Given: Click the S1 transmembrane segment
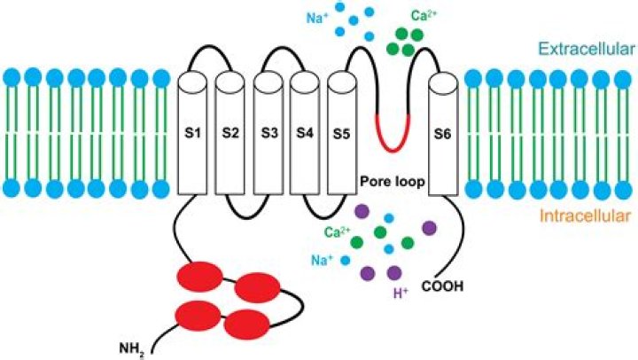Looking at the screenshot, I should pyautogui.click(x=192, y=134).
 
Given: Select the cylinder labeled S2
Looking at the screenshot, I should pyautogui.click(x=230, y=134).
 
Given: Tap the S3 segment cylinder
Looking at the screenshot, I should pyautogui.click(x=268, y=134).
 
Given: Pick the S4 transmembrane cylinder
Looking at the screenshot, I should pyautogui.click(x=305, y=134).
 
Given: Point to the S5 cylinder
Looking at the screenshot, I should pyautogui.click(x=342, y=134).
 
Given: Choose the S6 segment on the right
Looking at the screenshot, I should pyautogui.click(x=442, y=134).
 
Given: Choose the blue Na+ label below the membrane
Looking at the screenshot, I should pyautogui.click(x=323, y=262).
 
